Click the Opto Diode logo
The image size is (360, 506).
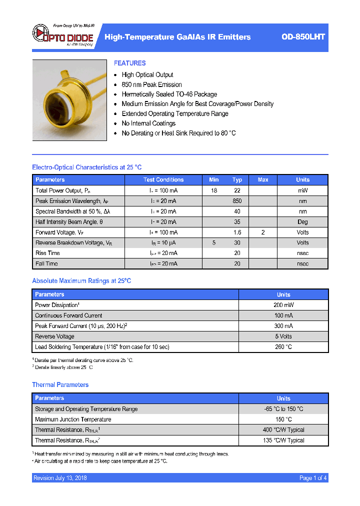63,35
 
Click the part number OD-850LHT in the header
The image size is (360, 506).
303,37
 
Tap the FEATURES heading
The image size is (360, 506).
129,63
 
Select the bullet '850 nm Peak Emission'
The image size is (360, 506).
151,84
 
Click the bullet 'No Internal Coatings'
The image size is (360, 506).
148,123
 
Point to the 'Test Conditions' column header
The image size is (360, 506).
163,179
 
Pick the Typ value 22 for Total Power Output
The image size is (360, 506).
237,190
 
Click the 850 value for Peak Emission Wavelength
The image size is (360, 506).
237,201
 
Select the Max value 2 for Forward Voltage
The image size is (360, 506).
263,232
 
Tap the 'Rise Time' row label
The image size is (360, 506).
47,253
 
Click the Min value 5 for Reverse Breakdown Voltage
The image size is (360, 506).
214,243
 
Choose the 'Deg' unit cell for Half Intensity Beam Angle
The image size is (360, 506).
302,222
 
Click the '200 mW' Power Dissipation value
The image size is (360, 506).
283,305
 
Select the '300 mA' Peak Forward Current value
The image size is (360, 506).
283,326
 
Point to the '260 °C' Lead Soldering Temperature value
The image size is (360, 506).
283,347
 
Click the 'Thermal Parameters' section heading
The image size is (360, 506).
60,384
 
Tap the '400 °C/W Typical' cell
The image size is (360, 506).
283,430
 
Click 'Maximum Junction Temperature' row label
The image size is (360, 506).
73,419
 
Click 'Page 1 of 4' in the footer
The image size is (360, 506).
313,478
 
